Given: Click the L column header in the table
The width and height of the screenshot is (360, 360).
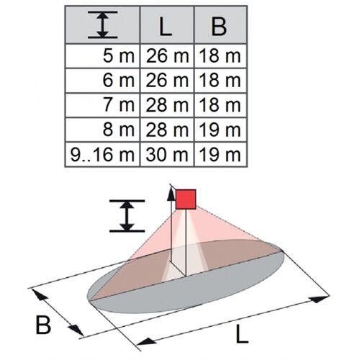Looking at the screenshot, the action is (x=166, y=26).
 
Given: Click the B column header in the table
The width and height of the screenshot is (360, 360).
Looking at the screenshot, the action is (x=219, y=26).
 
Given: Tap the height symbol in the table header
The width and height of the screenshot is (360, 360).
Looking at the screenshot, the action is (x=103, y=24).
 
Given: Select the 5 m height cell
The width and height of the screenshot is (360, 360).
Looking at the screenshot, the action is (x=119, y=56).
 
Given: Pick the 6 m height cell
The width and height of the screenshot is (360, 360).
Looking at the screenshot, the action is (x=119, y=80).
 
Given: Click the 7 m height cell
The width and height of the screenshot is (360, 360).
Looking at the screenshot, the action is (x=119, y=105).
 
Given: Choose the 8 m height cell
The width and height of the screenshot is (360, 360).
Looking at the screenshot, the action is (x=119, y=130).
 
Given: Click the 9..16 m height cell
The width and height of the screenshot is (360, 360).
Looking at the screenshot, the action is (x=102, y=154).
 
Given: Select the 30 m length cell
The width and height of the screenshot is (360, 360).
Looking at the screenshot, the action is (x=167, y=154).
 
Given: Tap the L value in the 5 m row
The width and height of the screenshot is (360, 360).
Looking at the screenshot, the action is (x=167, y=56).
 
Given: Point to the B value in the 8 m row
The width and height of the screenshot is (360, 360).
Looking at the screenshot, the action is (x=220, y=130).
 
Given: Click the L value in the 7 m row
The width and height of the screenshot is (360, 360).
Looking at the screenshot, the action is (x=167, y=105).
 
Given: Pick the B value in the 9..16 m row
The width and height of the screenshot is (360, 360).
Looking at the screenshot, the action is (x=220, y=154).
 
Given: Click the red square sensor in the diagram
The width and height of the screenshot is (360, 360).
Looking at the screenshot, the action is (x=186, y=199).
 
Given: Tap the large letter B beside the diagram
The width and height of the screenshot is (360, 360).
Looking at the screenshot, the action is (x=43, y=325).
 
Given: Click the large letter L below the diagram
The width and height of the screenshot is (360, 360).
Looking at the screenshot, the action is (x=242, y=334).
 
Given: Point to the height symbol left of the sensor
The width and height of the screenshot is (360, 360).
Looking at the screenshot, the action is (x=127, y=215).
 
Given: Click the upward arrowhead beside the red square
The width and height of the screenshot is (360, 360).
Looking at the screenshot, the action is (x=171, y=194).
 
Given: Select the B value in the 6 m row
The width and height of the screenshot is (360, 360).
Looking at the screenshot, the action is (x=220, y=80).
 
